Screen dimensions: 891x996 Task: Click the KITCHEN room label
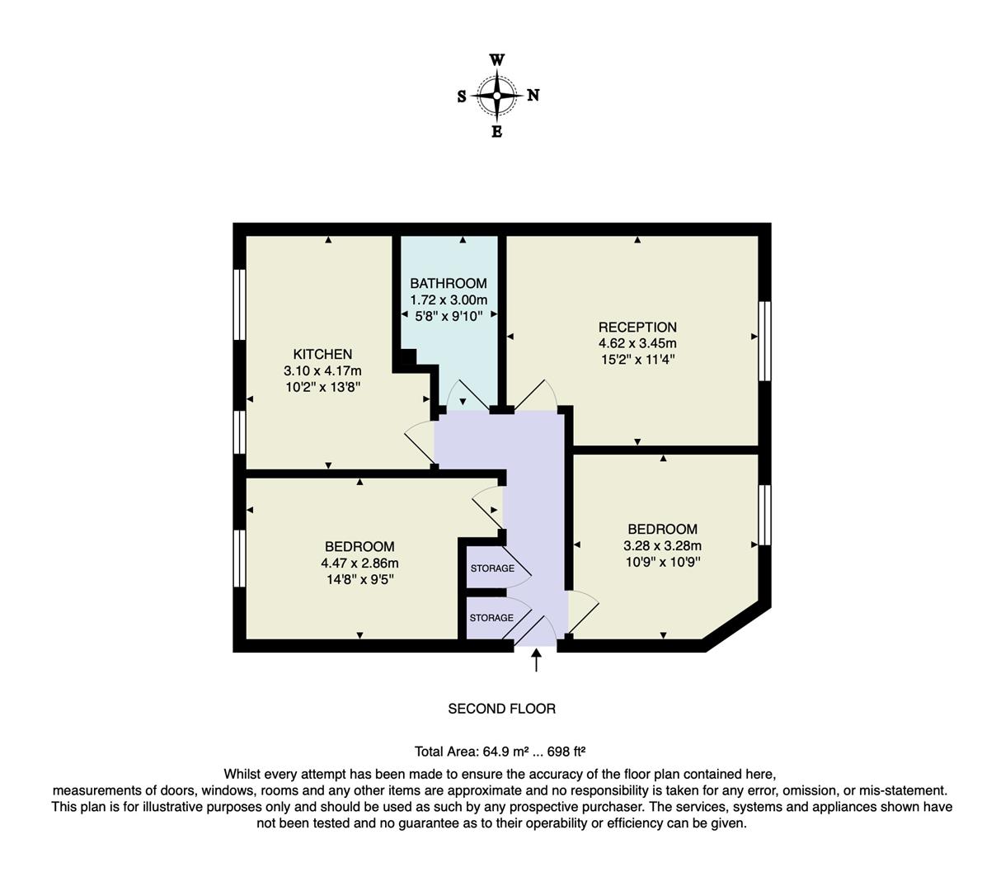point(322,354)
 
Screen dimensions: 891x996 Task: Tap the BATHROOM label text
point(449,283)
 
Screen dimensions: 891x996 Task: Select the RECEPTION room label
point(637,327)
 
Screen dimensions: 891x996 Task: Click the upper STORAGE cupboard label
point(492,568)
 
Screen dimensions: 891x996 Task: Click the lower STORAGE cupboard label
point(491,618)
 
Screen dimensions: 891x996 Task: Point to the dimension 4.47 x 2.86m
point(359,563)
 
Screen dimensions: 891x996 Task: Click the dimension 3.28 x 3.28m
point(662,545)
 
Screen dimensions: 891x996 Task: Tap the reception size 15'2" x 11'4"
point(637,360)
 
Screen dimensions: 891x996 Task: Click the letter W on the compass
point(497,60)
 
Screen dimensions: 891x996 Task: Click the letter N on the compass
point(533,96)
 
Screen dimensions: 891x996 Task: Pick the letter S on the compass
point(462,97)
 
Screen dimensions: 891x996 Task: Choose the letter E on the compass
point(497,132)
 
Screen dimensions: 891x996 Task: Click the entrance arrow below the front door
point(537,660)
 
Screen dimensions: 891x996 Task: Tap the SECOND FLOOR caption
point(501,708)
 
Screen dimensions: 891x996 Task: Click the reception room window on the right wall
point(764,341)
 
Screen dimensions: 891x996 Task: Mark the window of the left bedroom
point(239,558)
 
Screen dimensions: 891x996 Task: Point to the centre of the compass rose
point(497,96)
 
